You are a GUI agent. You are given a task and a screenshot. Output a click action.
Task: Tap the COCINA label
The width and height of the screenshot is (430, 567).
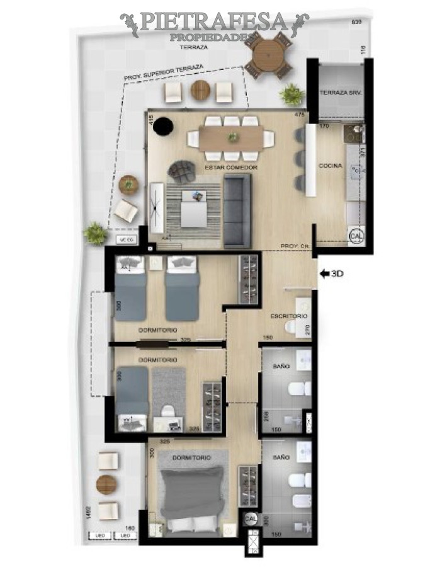[331, 166]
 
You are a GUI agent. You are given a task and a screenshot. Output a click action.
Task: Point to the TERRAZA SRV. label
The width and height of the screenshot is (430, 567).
[341, 93]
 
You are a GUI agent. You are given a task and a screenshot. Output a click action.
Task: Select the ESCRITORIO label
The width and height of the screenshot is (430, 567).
[288, 315]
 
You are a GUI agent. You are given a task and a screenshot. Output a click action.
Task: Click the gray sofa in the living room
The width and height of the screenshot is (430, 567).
[237, 210]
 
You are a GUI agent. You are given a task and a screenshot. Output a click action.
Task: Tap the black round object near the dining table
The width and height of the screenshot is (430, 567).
[164, 126]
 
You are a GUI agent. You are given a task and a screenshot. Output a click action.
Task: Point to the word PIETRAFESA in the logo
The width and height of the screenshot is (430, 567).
[214, 22]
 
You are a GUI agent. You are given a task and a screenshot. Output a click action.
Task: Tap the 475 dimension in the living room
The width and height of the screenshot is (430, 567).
[300, 115]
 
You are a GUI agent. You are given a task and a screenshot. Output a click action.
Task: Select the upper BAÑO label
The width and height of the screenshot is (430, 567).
[281, 365]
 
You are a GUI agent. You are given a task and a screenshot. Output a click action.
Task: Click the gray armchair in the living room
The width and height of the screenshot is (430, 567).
[182, 171]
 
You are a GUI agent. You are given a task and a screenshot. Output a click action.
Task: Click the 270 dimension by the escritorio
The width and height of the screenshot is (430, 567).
[306, 329]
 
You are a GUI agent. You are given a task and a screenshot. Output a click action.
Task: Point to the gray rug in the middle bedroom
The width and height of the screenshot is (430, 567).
[169, 391]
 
